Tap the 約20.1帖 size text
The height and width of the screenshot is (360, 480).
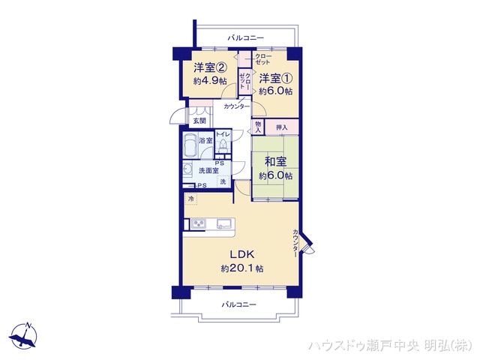click(241, 268)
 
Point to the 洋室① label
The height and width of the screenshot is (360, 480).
click(275, 77)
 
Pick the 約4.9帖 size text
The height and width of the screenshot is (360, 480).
click(209, 80)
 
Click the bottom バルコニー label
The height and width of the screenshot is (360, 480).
click(239, 304)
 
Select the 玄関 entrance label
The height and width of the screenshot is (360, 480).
click(198, 121)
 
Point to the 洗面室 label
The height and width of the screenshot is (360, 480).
click(208, 171)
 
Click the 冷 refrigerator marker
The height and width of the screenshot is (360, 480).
click(190, 199)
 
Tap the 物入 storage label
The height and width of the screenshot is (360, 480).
click(258, 127)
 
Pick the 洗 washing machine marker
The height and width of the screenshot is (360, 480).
click(223, 182)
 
